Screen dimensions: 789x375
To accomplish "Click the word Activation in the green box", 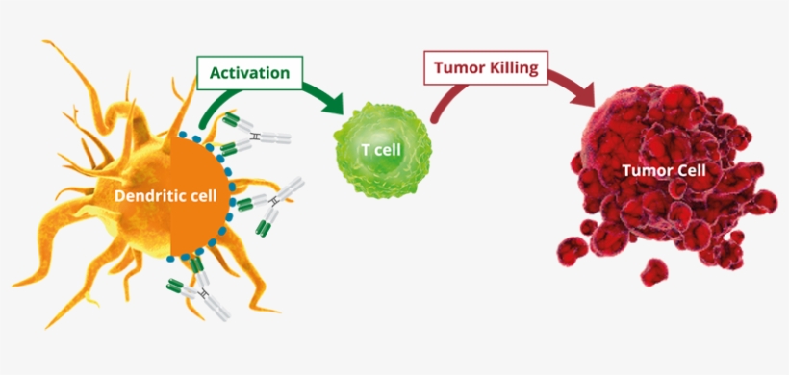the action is pyautogui.click(x=249, y=72).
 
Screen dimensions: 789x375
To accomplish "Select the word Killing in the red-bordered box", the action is pyautogui.click(x=514, y=68).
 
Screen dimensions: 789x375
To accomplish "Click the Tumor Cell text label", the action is pyautogui.click(x=664, y=170).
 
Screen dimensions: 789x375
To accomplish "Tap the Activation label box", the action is pyautogui.click(x=249, y=72).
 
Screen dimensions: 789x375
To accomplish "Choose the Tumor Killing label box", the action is pyautogui.click(x=484, y=68).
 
